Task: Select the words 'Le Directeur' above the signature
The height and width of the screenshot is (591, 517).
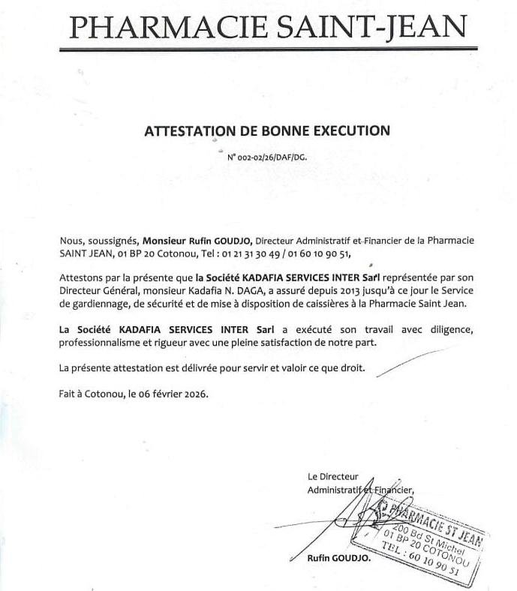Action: pyautogui.click(x=333, y=476)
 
